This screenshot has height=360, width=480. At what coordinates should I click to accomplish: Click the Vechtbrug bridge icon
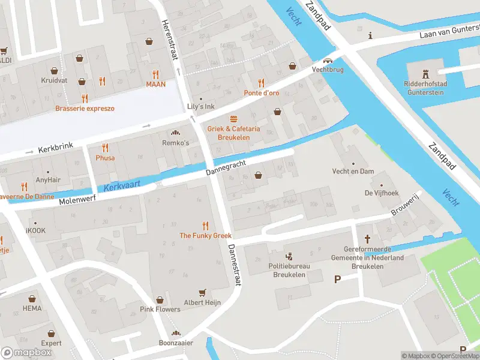click(x=328, y=61)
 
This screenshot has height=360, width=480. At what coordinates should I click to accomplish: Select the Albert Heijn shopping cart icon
click(x=202, y=293)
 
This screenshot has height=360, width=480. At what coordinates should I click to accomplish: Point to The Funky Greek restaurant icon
click(x=205, y=226)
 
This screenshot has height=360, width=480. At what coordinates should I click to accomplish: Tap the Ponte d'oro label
click(x=261, y=93)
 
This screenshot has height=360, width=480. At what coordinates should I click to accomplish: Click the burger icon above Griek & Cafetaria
click(x=233, y=119)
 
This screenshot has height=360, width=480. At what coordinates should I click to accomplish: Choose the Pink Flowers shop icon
click(x=160, y=299)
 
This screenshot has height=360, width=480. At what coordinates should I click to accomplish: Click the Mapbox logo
click(x=26, y=352)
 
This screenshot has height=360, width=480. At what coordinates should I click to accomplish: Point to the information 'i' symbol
click(x=371, y=35)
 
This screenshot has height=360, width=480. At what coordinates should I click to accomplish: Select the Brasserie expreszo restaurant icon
click(x=85, y=98)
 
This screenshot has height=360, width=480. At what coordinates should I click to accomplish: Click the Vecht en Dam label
click(x=353, y=171)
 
